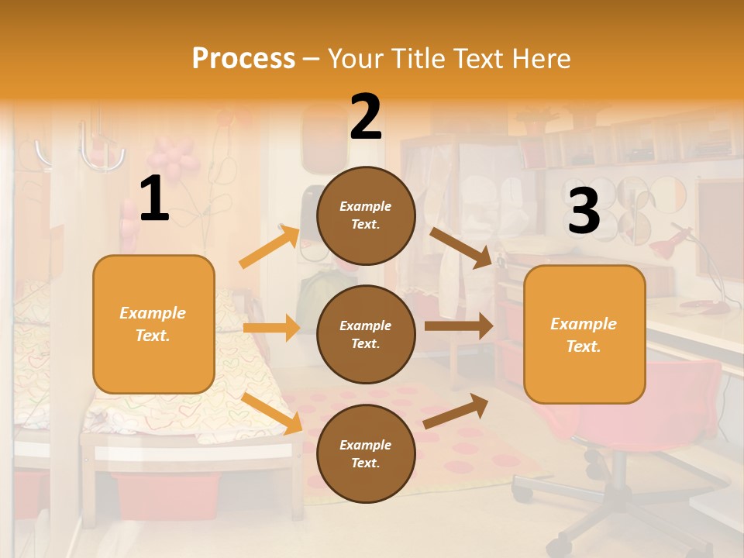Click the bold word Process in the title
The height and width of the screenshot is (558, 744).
tap(243, 58)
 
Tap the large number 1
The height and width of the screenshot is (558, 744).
tap(154, 199)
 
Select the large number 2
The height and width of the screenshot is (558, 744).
tap(366, 116)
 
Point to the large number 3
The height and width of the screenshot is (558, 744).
tap(584, 212)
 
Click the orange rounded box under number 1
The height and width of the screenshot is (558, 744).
tap(153, 324)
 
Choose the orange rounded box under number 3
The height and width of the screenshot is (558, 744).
tap(584, 334)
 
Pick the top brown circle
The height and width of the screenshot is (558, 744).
tap(366, 215)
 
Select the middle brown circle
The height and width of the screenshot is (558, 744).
tap(366, 334)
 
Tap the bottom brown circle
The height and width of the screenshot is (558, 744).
tap(366, 453)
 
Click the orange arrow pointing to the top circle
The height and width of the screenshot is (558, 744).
tap(269, 246)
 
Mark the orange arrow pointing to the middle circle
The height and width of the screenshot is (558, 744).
tap(270, 328)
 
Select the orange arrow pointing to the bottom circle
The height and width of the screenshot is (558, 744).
tap(272, 412)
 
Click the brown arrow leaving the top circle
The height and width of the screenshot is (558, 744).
tap(460, 247)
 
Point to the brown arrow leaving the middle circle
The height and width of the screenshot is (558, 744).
tap(458, 326)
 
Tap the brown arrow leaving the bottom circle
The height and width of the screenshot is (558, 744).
tap(456, 412)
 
